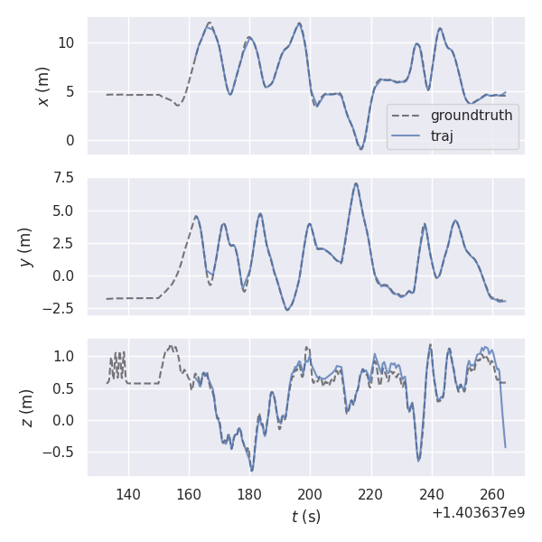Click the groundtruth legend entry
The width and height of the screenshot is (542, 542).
coord(471,116)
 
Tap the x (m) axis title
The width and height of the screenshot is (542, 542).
coord(42,86)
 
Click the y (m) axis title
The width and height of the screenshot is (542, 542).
coord(26,246)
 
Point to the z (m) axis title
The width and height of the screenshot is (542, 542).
coord(26,408)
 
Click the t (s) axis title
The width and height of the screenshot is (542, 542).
coord(305,517)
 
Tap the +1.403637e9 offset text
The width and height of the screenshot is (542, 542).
coord(478,513)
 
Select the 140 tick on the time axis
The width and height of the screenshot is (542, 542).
coord(128,494)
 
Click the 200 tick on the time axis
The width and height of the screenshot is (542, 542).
coord(310,494)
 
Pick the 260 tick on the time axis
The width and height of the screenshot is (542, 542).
coord(492,494)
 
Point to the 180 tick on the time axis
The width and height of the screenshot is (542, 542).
coord(249,494)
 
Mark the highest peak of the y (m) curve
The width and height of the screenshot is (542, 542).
coord(356,183)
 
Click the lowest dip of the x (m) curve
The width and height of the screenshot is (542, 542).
coord(360,148)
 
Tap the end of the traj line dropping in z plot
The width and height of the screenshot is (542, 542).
coord(505,447)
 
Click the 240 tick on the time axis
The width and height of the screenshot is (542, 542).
coord(432,494)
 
